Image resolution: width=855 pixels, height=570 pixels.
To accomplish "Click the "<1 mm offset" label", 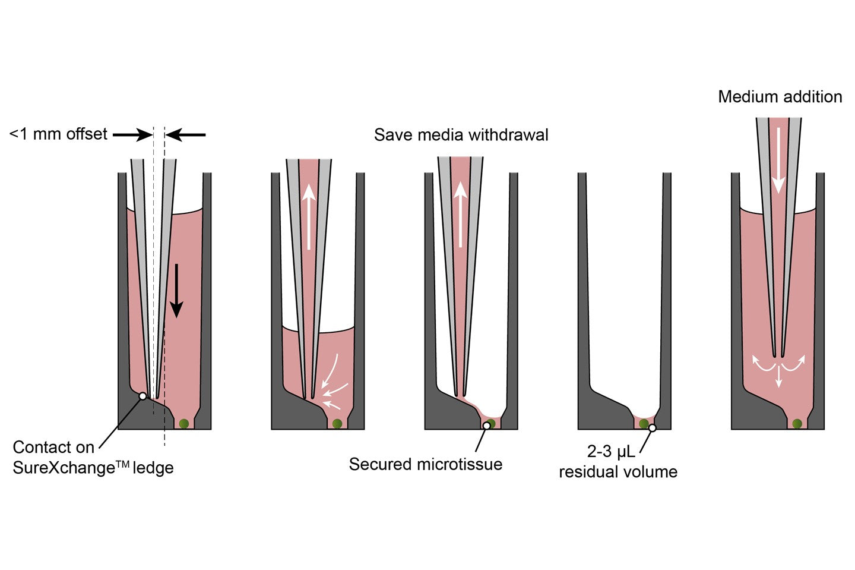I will [x=58, y=134].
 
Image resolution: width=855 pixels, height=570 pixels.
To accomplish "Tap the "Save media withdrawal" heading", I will [x=461, y=135].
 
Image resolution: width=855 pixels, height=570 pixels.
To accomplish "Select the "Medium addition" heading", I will [x=780, y=97].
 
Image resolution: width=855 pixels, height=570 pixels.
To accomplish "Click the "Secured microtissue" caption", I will [x=425, y=464].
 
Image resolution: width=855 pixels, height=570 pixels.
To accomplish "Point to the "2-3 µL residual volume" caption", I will [x=617, y=462].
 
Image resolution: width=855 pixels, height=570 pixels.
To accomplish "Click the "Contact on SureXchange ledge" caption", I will [x=93, y=457].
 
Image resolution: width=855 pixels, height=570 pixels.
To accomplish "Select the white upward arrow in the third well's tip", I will [x=460, y=214].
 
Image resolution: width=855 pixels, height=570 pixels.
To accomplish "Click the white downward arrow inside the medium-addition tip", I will [x=778, y=160].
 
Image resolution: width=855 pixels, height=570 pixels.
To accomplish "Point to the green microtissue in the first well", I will [x=184, y=423].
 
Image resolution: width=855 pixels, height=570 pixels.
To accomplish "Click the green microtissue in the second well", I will [x=337, y=423].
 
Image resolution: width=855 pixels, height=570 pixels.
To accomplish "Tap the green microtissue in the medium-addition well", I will [x=797, y=423].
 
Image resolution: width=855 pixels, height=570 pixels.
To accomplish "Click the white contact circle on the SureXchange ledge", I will [x=142, y=396].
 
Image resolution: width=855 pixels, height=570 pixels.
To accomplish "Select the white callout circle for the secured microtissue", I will [x=486, y=426].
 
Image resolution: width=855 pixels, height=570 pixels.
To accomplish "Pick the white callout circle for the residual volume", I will [x=652, y=427].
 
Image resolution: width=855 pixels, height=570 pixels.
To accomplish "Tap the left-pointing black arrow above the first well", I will [x=185, y=135].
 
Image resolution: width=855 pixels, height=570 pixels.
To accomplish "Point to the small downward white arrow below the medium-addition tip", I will [x=778, y=378].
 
